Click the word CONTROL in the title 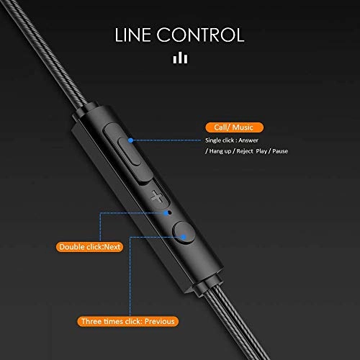(204, 34)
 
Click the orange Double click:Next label (91, 247)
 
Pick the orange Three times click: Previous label (130, 321)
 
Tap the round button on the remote (184, 234)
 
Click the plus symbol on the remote (158, 196)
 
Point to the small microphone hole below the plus (168, 212)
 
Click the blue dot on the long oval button (130, 140)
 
